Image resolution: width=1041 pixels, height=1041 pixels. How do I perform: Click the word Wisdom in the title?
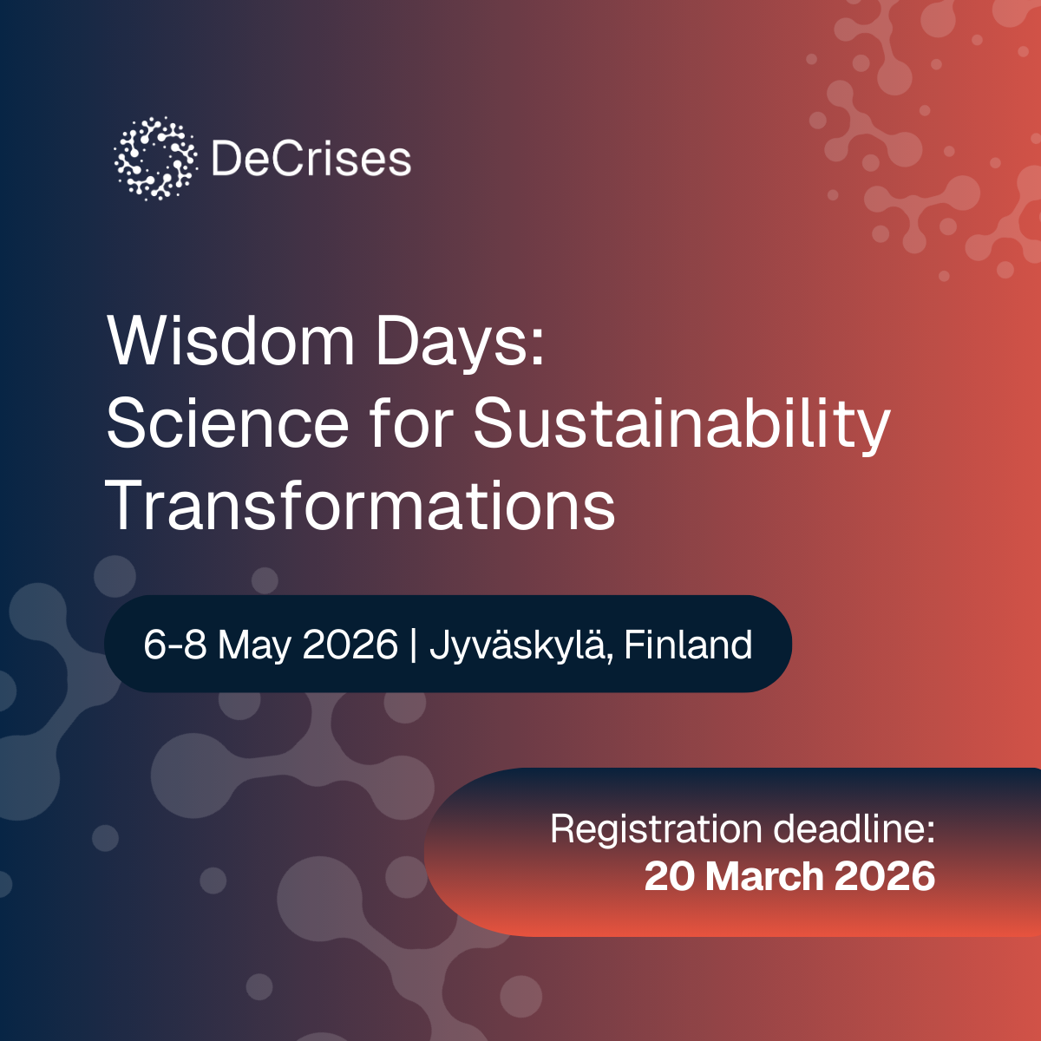231,341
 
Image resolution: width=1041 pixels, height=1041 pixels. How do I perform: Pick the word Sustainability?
681,425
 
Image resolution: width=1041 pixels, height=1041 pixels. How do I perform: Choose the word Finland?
688,645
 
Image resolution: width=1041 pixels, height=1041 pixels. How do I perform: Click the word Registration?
656,830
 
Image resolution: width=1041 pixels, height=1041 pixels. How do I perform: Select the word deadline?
854,828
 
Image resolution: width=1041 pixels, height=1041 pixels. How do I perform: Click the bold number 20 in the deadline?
670,876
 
